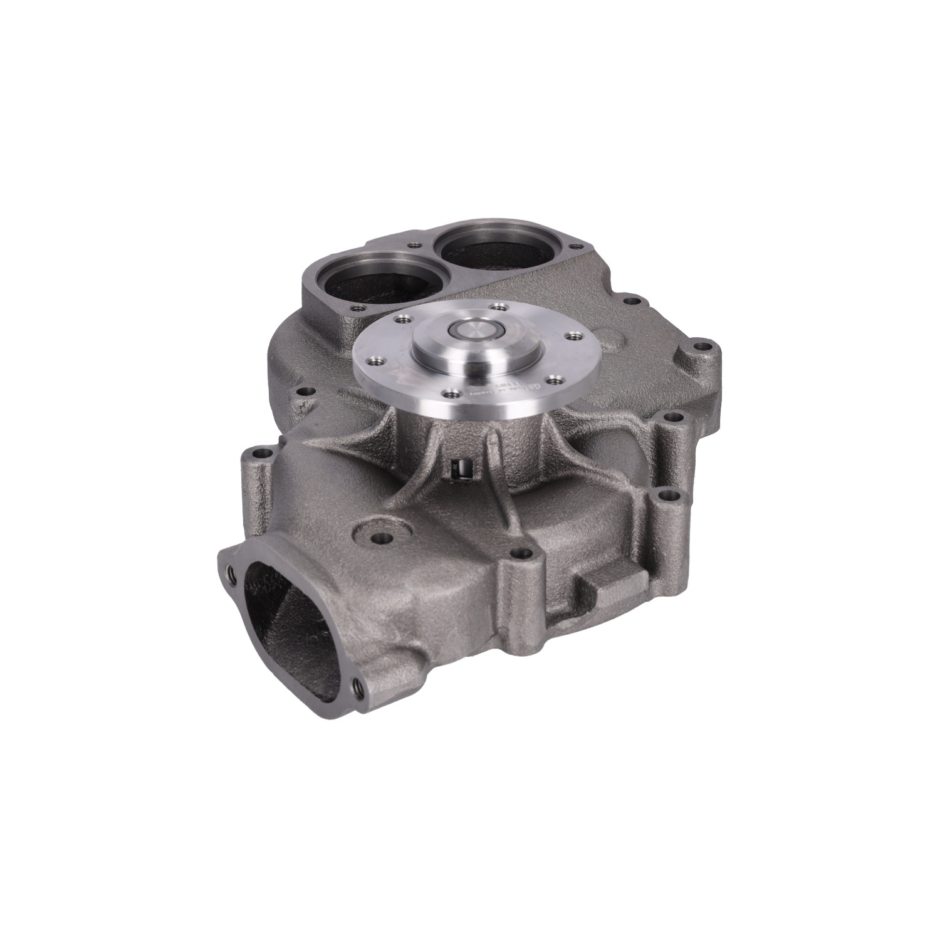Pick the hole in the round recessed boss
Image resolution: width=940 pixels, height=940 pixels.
(382, 537)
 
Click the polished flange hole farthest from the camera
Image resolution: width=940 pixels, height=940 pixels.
(499, 306)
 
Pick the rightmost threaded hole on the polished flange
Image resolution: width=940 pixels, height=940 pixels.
(569, 336)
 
